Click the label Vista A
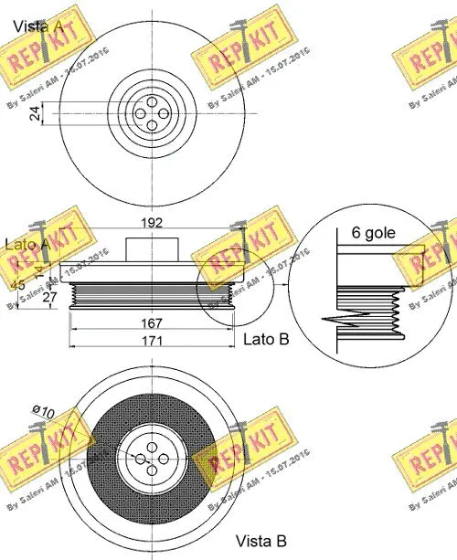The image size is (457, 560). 37,27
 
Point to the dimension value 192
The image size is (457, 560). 152,221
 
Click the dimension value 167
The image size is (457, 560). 152,323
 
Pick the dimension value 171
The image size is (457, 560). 152,341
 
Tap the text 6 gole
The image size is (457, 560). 374,233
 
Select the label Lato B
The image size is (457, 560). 266,339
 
